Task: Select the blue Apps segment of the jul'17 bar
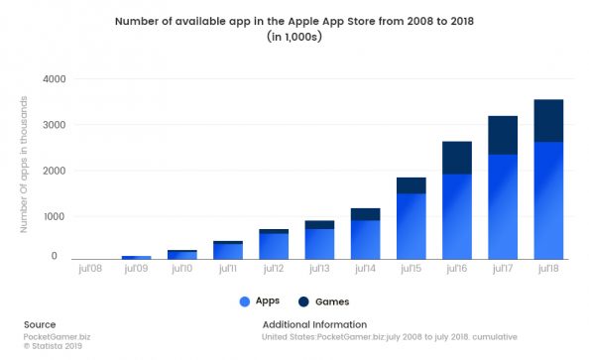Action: pyautogui.click(x=503, y=205)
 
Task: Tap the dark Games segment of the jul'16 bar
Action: pyautogui.click(x=456, y=158)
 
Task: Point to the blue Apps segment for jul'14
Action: pyautogui.click(x=365, y=238)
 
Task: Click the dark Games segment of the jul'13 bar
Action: pyautogui.click(x=319, y=224)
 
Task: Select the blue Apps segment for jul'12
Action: pyautogui.click(x=274, y=245)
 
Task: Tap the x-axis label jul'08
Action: pyautogui.click(x=90, y=267)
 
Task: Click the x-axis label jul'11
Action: pyautogui.click(x=227, y=267)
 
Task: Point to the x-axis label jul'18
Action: pyautogui.click(x=548, y=267)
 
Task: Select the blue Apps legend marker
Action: pyautogui.click(x=244, y=300)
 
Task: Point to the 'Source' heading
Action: pyautogui.click(x=40, y=324)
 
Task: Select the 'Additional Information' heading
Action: pyautogui.click(x=314, y=324)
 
